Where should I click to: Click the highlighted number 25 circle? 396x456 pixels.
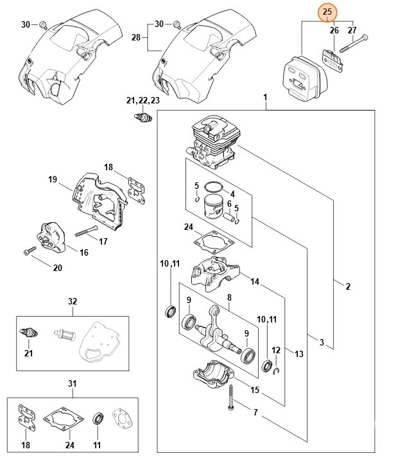[x=327, y=11]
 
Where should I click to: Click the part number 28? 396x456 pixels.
[x=135, y=38]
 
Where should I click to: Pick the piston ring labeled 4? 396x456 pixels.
[x=213, y=187]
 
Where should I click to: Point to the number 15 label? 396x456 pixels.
[x=255, y=390]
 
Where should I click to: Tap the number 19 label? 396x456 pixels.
[x=53, y=179]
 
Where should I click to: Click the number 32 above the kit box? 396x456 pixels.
[x=72, y=301]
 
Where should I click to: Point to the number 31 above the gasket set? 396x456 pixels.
[x=72, y=383]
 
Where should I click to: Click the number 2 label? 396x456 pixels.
[x=347, y=286]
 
